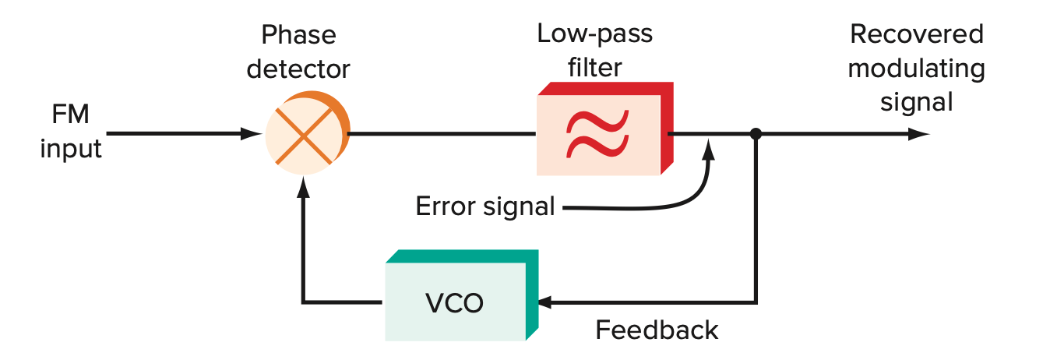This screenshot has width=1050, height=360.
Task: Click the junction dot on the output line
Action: click(x=755, y=134)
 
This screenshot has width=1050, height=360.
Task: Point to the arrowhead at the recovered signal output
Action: click(x=919, y=134)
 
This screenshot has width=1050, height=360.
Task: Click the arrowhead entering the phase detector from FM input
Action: click(x=252, y=134)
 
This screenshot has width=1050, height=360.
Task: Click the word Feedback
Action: click(x=657, y=330)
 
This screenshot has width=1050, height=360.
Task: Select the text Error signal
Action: click(x=484, y=207)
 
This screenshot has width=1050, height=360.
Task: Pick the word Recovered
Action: click(x=916, y=34)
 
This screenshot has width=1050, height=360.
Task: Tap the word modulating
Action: click(x=916, y=69)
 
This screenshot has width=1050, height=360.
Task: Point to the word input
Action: click(x=71, y=148)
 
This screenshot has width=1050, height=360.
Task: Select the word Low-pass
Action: click(x=594, y=34)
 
